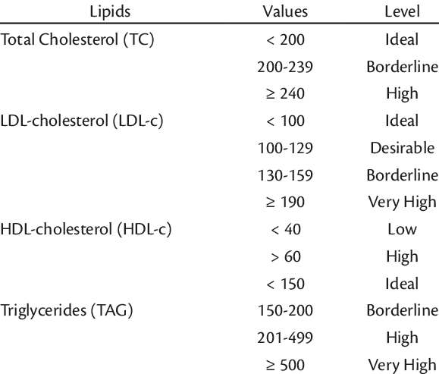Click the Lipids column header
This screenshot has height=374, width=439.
(x=110, y=12)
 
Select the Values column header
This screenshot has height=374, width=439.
(x=285, y=12)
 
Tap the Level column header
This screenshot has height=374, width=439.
(x=403, y=12)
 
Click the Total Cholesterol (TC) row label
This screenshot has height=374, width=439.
(x=77, y=39)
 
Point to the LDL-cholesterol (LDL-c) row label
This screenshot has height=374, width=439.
(x=81, y=121)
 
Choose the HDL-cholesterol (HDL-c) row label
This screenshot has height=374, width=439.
(x=86, y=229)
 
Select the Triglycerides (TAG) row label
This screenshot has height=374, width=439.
(x=67, y=311)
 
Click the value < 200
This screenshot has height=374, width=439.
(x=285, y=39)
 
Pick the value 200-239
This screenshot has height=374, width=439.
(x=285, y=67)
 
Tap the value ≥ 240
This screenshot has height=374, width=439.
(x=285, y=93)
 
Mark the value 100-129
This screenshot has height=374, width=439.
(x=285, y=148)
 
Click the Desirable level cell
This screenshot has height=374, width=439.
(x=403, y=148)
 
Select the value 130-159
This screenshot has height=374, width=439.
(x=285, y=175)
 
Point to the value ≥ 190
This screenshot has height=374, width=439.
(x=285, y=202)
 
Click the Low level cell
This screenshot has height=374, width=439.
(x=403, y=229)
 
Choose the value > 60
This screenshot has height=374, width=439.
(x=286, y=256)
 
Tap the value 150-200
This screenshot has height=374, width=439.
(x=285, y=311)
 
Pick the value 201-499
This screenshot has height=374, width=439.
(x=285, y=338)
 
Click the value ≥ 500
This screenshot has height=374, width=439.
(x=285, y=365)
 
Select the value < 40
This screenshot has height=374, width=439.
(x=286, y=229)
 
